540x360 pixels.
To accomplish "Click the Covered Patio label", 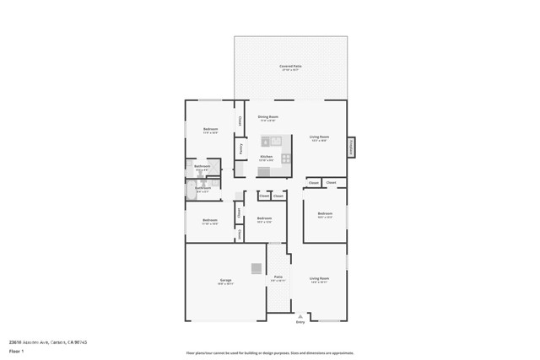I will pos(290,66).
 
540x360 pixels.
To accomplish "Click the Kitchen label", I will pos(266,157).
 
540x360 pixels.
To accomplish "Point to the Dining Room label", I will pos(267,117).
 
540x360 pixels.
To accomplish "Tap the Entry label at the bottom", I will pos(300,322).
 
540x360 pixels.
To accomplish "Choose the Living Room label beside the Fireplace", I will pos(319,137).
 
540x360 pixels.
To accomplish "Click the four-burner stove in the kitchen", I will pos(287,158).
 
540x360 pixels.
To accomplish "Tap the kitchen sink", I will pos(271,141).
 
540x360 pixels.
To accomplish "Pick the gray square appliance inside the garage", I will pos(256,269).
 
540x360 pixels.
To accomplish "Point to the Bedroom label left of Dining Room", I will pos(210,130).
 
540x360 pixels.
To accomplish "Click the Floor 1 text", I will pos(16,350).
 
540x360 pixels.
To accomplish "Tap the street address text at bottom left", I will pos(48,341).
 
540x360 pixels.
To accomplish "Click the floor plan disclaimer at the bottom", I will pos(270,353).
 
